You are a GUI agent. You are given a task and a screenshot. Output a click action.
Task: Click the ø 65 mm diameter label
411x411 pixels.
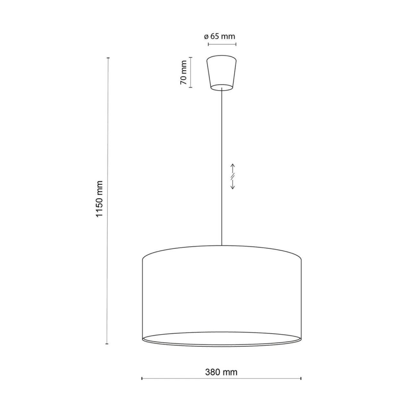(220, 37)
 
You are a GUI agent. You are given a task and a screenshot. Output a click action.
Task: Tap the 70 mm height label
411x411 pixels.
(184, 72)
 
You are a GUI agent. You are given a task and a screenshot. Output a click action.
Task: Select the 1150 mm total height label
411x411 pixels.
(100, 199)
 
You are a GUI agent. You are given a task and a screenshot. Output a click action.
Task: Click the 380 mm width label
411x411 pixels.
(221, 372)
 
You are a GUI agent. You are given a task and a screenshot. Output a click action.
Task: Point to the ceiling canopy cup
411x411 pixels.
(222, 73)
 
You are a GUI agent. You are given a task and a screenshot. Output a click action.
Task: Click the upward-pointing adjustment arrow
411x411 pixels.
(233, 169)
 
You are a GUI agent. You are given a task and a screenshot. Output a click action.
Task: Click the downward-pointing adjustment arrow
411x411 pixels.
(233, 184)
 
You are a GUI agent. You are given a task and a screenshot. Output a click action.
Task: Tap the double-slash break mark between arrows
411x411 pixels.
(233, 176)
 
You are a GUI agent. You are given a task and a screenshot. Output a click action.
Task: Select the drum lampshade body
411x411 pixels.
(222, 296)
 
